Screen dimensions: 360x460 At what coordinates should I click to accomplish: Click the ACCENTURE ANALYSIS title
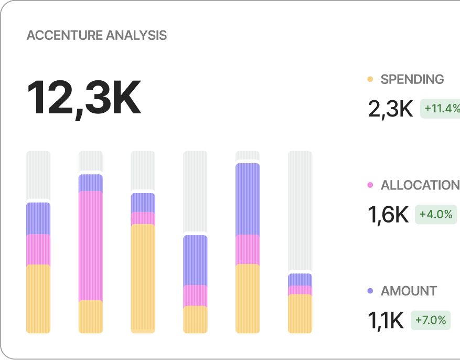click(x=97, y=36)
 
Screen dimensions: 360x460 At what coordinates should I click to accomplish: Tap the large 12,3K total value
click(x=84, y=99)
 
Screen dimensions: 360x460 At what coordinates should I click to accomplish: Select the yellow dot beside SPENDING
click(x=370, y=79)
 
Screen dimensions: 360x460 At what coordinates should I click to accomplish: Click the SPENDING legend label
click(x=412, y=79)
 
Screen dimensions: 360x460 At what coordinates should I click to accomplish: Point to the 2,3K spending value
click(x=390, y=109)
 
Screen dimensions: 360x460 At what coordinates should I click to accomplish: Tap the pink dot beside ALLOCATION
click(x=370, y=185)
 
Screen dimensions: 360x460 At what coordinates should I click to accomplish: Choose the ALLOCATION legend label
click(x=420, y=185)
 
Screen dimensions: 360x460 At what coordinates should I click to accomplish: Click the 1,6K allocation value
click(x=388, y=215)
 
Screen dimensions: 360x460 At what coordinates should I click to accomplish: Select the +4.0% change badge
click(x=435, y=215)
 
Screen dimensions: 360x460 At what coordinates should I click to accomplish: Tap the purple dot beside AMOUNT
click(x=370, y=291)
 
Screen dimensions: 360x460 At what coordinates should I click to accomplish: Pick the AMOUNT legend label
click(x=409, y=291)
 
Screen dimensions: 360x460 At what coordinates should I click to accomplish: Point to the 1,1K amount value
click(x=386, y=320)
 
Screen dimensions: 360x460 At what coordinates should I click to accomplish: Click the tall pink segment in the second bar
click(x=91, y=246)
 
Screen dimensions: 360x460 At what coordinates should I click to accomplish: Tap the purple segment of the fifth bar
click(x=248, y=199)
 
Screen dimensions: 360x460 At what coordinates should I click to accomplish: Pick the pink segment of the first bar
click(x=38, y=249)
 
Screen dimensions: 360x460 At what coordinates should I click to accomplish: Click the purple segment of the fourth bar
click(x=195, y=260)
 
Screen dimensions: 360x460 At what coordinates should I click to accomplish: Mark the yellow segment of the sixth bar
click(x=300, y=313)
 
